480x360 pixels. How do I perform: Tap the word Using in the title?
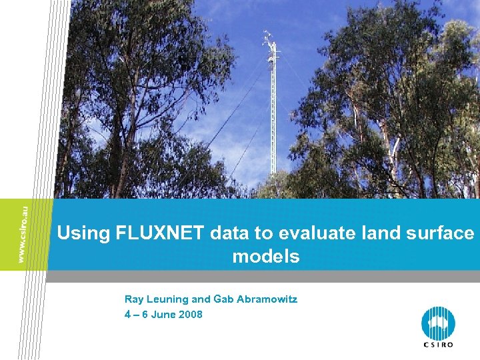pyautogui.click(x=84, y=234)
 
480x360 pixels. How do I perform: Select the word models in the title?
pyautogui.click(x=266, y=256)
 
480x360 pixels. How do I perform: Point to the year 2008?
pyautogui.click(x=191, y=315)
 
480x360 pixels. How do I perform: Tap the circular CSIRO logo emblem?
pyautogui.click(x=438, y=323)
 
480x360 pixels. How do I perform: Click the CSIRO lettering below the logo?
pyautogui.click(x=438, y=345)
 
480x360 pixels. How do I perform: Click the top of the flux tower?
pyautogui.click(x=269, y=37)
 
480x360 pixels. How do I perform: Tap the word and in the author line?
pyautogui.click(x=201, y=300)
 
